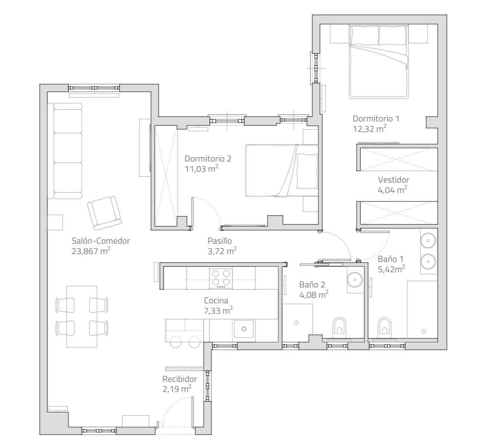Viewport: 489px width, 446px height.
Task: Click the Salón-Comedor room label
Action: [x=101, y=241]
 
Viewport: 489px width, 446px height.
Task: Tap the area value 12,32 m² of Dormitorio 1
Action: [x=370, y=129]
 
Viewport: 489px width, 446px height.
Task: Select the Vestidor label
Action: [x=393, y=180]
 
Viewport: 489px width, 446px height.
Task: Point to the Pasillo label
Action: [x=219, y=241]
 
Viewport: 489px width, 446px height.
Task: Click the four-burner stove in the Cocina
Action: [x=221, y=278]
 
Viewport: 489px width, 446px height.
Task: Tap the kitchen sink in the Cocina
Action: [x=244, y=329]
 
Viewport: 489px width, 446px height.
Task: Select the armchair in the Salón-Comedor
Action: [x=104, y=213]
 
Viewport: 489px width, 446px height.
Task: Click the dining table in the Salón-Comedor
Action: [x=81, y=316]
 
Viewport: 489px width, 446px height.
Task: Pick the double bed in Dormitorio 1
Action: [x=379, y=62]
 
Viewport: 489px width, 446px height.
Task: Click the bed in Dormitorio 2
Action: [x=282, y=171]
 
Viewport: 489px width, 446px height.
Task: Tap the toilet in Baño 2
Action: [x=339, y=326]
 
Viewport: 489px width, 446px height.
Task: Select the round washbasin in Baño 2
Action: [x=355, y=279]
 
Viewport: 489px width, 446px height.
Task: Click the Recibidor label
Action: [x=179, y=379]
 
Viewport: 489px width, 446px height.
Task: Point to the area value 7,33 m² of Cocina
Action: [x=218, y=311]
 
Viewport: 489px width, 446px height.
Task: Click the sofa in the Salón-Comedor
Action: [x=64, y=151]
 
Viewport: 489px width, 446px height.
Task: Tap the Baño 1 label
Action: [x=390, y=259]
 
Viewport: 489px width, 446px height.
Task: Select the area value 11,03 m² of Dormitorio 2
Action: [x=202, y=169]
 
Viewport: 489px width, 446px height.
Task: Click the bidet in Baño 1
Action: [x=385, y=326]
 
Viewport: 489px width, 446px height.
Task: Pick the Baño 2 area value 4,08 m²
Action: [x=314, y=294]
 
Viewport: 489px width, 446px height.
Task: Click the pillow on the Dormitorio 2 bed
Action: [x=307, y=171]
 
